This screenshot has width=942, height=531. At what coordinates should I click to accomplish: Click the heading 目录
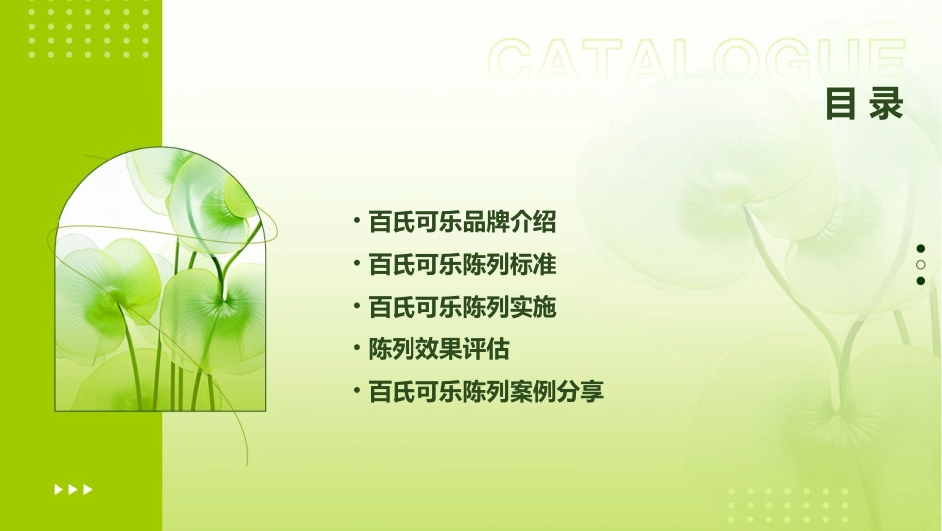pos(865,104)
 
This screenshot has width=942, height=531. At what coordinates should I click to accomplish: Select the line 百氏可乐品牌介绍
pos(462,222)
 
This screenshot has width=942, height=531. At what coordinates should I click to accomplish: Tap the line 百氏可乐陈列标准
pos(462,265)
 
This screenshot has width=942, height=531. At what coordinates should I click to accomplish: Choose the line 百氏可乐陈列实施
pos(462,308)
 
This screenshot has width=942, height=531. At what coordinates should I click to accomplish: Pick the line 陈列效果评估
pos(438,349)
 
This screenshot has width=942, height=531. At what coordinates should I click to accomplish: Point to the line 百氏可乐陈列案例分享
pos(486,392)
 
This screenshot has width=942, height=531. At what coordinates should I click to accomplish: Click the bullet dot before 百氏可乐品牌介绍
pos(356,220)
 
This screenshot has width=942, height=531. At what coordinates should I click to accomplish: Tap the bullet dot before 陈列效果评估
pos(356,347)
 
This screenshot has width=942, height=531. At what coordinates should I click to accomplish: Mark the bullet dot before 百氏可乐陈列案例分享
pos(356,390)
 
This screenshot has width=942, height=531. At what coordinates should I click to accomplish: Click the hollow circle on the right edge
pos(920,265)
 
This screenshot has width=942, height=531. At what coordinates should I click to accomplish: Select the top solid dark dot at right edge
pos(920,248)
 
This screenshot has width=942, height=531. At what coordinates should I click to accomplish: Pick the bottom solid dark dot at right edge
pos(920,281)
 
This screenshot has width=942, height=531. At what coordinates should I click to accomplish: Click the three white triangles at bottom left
pos(73,489)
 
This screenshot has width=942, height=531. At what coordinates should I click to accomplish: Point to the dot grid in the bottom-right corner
pos(787,505)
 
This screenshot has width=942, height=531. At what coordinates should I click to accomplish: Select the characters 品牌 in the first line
pos(486,222)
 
